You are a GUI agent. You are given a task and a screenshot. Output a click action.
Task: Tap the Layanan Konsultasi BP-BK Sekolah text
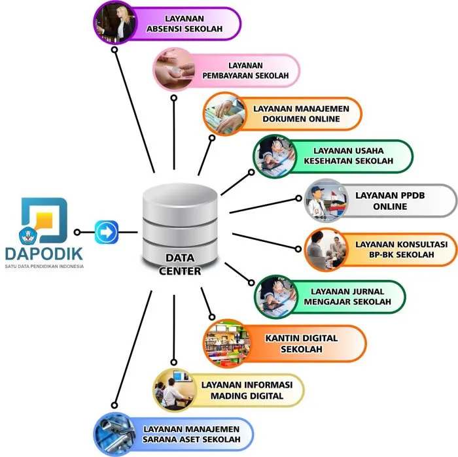395,249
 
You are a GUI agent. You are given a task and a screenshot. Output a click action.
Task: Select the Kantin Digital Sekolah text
302,343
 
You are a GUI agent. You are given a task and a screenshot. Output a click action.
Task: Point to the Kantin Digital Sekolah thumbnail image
224,343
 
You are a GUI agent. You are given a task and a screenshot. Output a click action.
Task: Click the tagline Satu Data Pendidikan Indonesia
44,266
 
